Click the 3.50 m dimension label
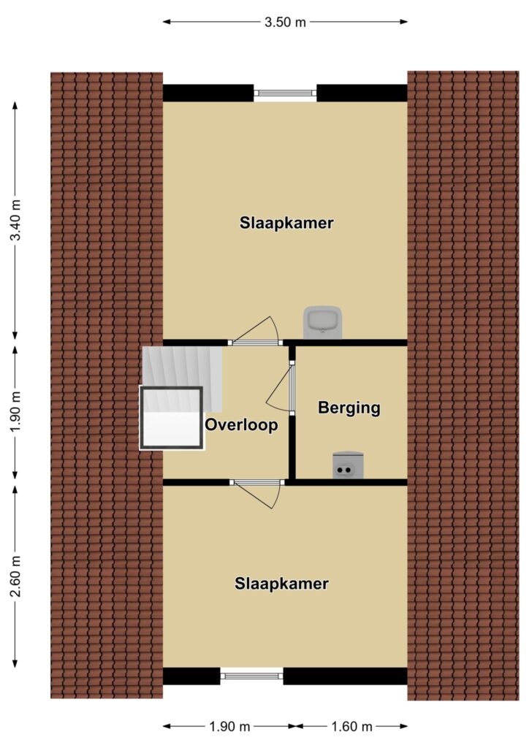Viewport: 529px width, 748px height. pos(285,22)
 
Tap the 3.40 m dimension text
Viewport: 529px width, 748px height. pos(16,220)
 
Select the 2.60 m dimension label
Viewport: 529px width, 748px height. pos(16,576)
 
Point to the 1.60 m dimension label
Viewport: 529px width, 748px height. pos(351,727)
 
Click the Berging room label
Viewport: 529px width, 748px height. pos(349,408)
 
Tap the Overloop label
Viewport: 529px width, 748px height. pos(241,424)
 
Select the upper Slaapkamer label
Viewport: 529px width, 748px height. pos(286,223)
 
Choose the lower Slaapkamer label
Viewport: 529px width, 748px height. pos(281,584)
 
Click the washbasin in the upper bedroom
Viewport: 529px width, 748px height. pos(322,322)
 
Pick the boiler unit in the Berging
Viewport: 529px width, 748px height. pos(349,465)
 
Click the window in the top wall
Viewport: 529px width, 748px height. pos(285,93)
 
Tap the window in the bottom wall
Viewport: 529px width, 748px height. pos(251,676)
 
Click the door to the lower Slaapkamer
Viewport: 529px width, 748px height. pos(256,495)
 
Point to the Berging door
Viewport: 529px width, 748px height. pos(281,387)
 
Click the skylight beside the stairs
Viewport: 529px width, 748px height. pos(172,418)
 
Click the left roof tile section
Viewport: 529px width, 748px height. pos(107,385)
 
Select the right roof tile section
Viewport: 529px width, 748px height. pos(463,386)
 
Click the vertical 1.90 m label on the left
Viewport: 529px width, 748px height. pos(16,412)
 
